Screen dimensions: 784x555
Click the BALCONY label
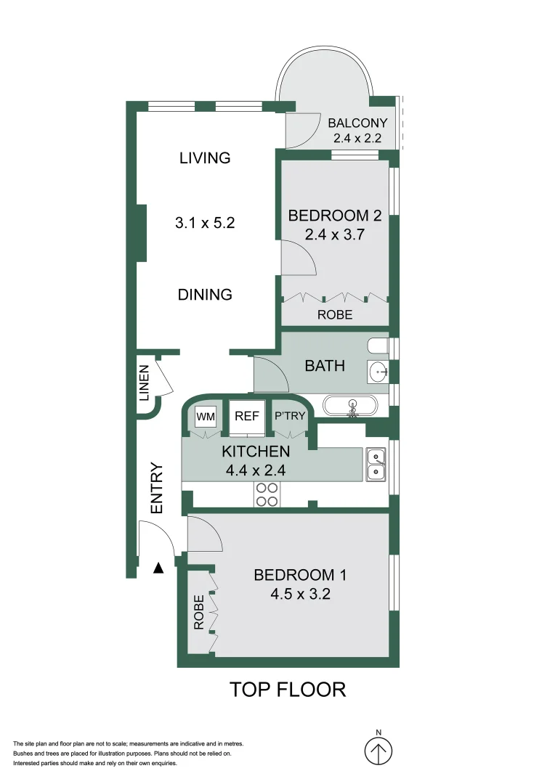(357, 123)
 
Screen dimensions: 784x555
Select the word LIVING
(205, 158)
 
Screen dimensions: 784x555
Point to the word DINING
(205, 295)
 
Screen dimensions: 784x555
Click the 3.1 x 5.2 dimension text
(205, 224)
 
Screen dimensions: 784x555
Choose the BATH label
(325, 366)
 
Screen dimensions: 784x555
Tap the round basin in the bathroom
(378, 372)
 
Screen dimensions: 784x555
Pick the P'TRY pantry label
(288, 417)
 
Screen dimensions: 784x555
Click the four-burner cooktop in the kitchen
(266, 494)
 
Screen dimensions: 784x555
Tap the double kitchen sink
(376, 464)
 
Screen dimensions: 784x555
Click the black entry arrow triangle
(158, 568)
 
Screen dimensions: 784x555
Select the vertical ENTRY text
(157, 489)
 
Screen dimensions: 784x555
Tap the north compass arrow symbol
(378, 749)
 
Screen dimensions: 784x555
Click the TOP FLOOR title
(288, 689)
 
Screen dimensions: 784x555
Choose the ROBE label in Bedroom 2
(335, 315)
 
